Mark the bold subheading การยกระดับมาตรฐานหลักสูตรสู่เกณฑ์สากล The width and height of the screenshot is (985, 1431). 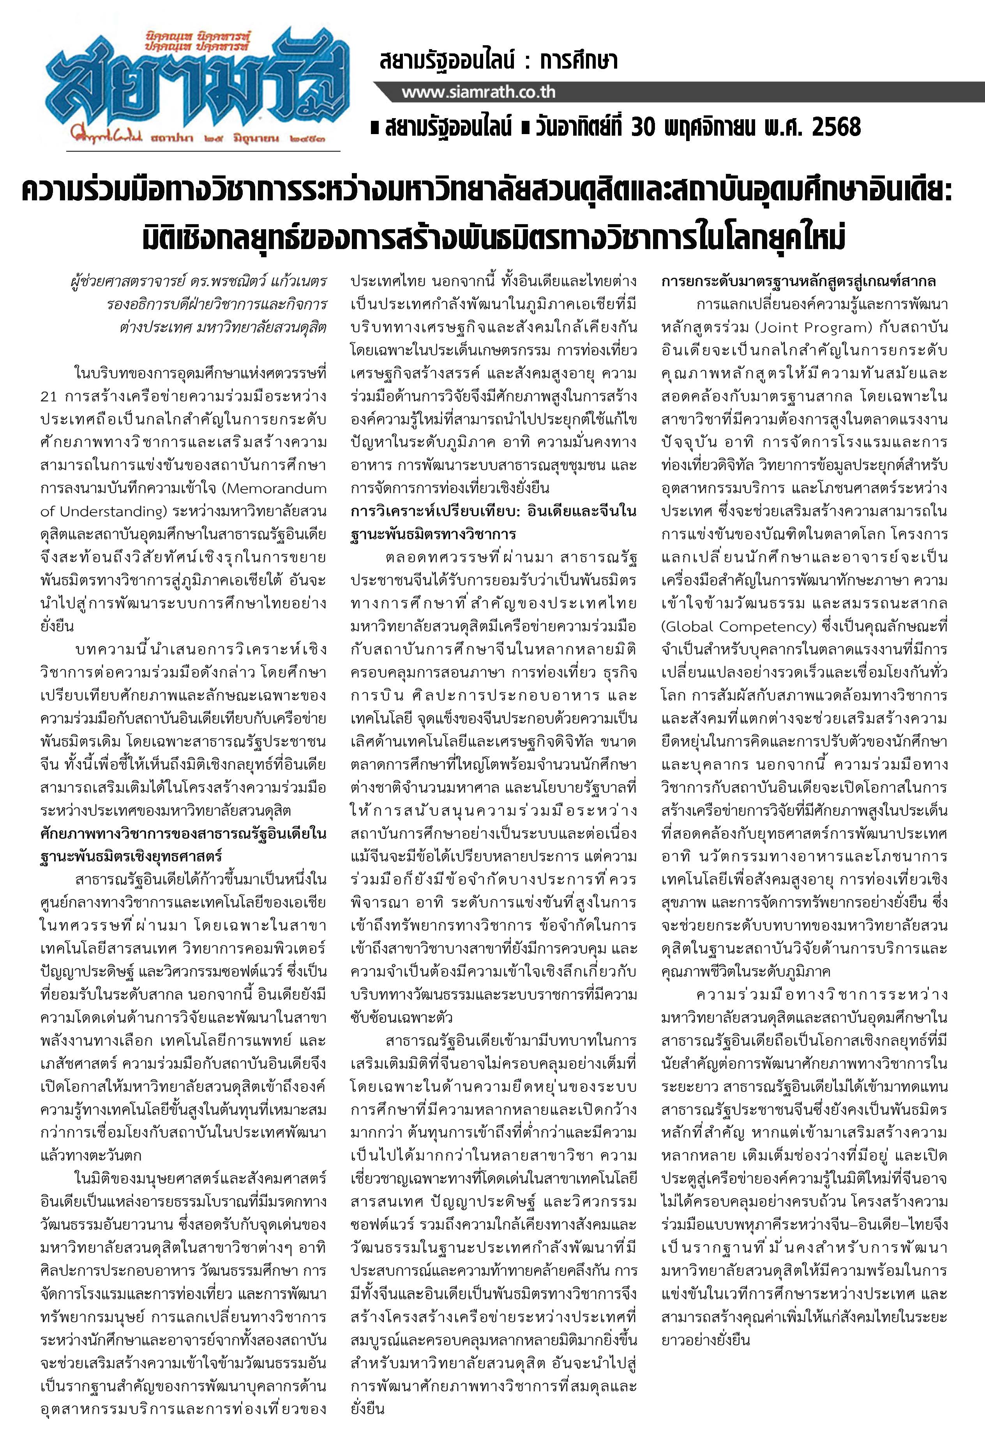click(x=799, y=281)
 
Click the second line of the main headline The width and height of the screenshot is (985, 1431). click(x=492, y=238)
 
